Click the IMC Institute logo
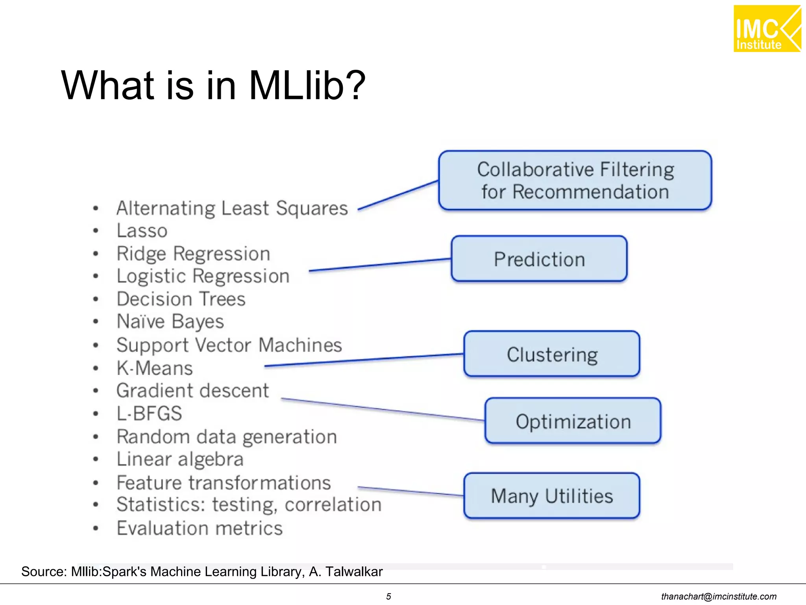pyautogui.click(x=767, y=29)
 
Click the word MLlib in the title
pyautogui.click(x=307, y=85)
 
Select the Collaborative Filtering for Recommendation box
pyautogui.click(x=575, y=180)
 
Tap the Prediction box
pyautogui.click(x=539, y=259)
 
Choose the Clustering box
pyautogui.click(x=552, y=354)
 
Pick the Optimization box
pyautogui.click(x=573, y=421)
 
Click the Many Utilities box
pyautogui.click(x=552, y=496)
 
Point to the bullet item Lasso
pyautogui.click(x=142, y=230)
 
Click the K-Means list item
pyautogui.click(x=155, y=368)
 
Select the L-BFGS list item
pyautogui.click(x=149, y=414)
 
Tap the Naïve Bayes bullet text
pyautogui.click(x=170, y=321)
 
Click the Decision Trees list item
pyautogui.click(x=181, y=299)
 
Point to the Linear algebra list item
pyautogui.click(x=180, y=459)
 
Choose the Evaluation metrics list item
pyautogui.click(x=200, y=528)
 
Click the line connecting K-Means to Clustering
pyautogui.click(x=364, y=360)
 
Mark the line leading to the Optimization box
pyautogui.click(x=382, y=409)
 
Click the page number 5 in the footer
pyautogui.click(x=388, y=596)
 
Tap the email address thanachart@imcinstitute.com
pyautogui.click(x=719, y=596)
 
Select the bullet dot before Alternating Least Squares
pyautogui.click(x=96, y=208)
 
